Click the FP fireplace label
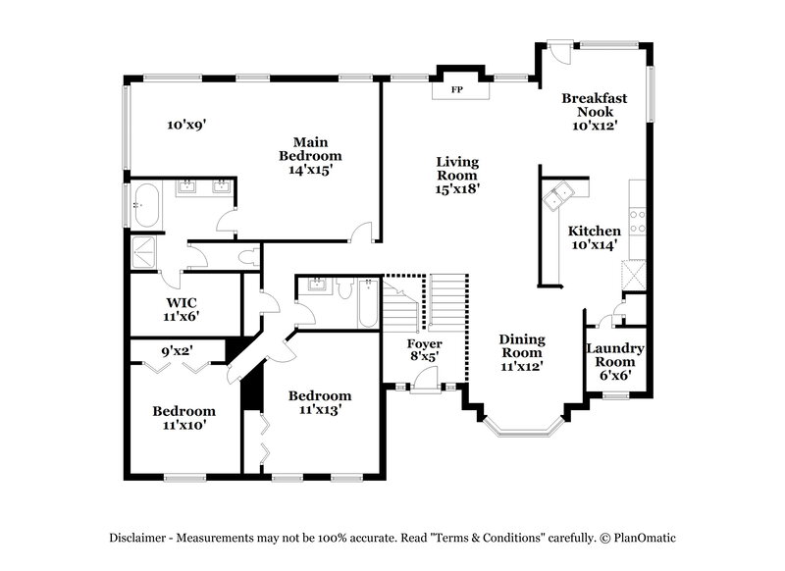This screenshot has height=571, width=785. [456, 90]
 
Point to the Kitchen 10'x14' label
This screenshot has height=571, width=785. [594, 237]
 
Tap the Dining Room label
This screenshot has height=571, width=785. [522, 351]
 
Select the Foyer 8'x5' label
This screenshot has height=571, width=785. [425, 350]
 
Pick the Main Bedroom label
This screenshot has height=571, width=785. [310, 155]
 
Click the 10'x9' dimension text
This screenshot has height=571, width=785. [185, 125]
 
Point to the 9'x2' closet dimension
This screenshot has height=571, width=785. [178, 346]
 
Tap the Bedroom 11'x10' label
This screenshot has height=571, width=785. [183, 418]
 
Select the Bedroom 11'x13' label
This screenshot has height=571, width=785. [319, 402]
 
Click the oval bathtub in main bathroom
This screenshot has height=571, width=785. [149, 205]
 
